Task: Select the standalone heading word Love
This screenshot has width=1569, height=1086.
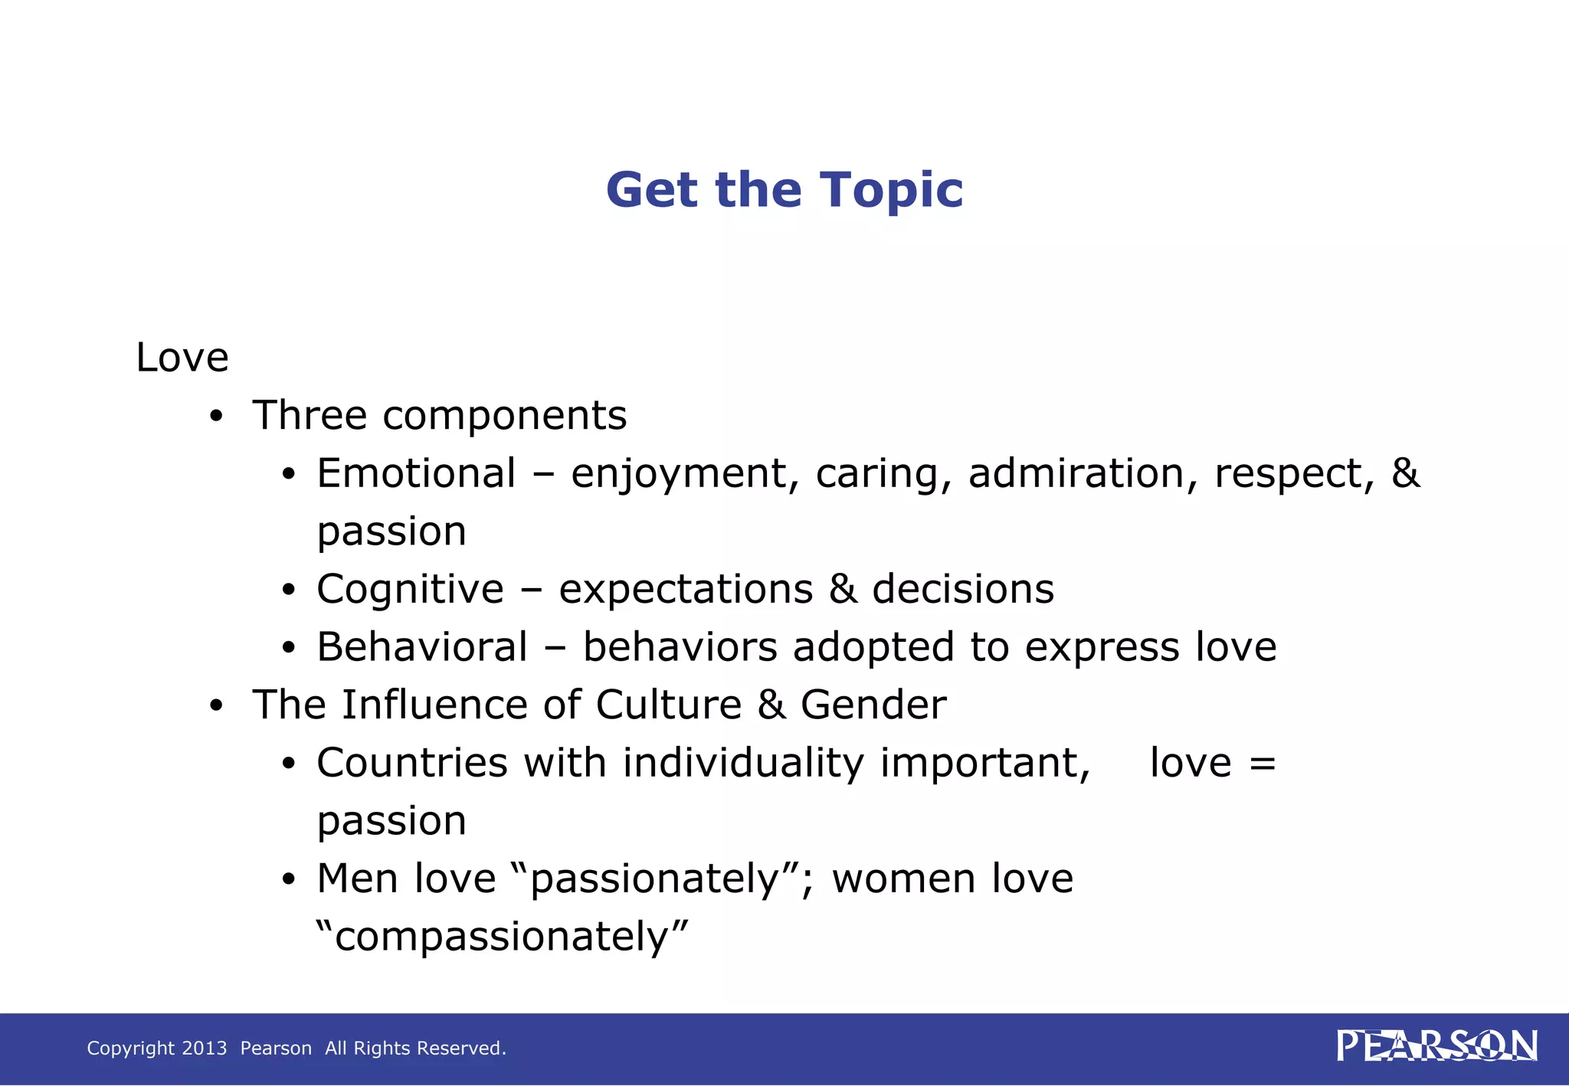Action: coord(182,358)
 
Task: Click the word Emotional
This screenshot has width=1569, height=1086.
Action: coord(416,473)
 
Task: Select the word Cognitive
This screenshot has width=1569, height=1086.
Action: coord(411,589)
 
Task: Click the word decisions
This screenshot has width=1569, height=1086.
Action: coord(963,589)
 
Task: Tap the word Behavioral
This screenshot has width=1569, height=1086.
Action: coord(422,647)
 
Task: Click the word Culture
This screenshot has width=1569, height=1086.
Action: coord(668,705)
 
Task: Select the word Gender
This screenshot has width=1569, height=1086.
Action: coord(873,705)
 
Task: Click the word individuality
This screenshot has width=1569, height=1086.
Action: coord(743,764)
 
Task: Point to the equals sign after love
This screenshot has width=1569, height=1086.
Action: coord(1262,764)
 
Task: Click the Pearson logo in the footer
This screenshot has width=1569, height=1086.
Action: coord(1436,1046)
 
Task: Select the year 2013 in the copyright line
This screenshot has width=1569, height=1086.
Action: coord(205,1048)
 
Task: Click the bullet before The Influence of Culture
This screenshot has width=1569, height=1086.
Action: coord(217,706)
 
